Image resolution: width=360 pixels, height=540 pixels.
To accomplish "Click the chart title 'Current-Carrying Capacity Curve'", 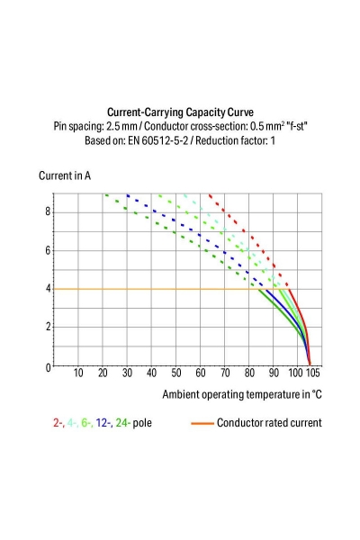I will pos(180,112).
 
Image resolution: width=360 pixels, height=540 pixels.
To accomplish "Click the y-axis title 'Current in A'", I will pos(65,175).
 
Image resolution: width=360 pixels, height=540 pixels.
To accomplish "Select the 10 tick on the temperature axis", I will pos(78,373).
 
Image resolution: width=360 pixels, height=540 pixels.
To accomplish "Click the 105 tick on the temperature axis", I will pos(312,373).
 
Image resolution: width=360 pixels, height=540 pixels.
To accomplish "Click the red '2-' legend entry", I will pos(58,422).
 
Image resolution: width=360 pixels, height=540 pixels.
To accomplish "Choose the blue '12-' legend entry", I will pos(104,422).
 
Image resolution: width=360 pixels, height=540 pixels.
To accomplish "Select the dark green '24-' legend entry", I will pos(123,422).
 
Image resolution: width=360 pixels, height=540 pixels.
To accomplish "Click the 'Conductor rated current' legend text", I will pos(269,422).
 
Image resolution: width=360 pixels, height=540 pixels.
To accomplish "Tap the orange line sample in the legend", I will pos(202,423).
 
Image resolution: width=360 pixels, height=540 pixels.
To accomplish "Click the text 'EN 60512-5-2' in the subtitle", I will pos(163,141).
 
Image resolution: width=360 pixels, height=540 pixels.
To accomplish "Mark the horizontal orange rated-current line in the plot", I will pos(153,289).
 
